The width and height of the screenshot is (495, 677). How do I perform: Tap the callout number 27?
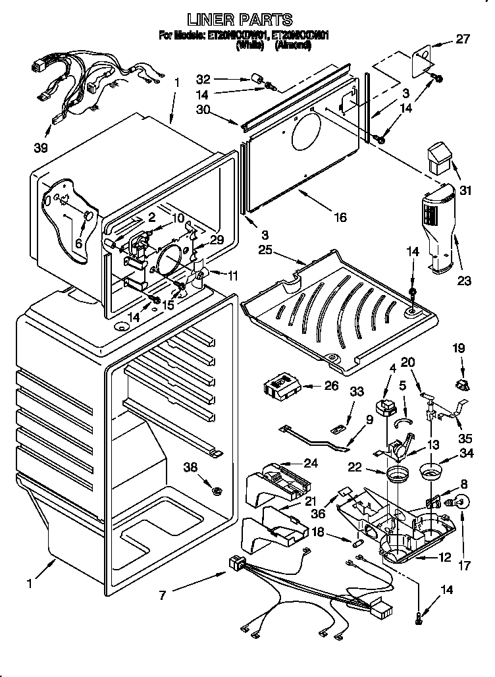463,39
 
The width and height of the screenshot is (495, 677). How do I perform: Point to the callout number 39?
41,148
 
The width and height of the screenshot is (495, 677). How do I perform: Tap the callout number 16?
340,218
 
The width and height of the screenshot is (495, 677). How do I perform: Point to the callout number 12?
445,558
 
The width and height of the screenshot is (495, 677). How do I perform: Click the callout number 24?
309,463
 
